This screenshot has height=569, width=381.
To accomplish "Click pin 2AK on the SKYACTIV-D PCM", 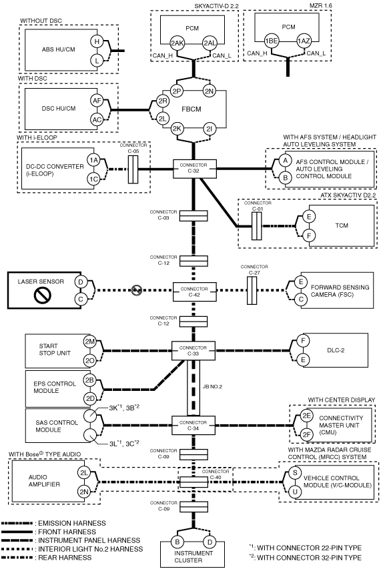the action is coord(177,43).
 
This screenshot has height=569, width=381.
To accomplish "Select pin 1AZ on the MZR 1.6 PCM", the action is coord(304,41).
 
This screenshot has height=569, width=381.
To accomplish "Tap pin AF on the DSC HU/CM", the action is coord(97,101).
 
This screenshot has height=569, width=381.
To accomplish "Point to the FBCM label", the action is coord(192,109).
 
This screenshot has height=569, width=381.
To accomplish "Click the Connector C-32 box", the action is coord(194,169).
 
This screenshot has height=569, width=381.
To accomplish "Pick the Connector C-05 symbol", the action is coord(133,169).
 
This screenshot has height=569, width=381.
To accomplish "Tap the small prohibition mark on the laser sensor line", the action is coord(137,290).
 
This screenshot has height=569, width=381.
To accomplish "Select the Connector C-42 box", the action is coord(194,292).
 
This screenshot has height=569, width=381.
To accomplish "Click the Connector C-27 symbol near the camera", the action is coord(252,290).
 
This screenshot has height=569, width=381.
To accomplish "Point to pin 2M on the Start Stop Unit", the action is coord(89,342).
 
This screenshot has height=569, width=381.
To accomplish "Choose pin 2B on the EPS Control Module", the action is coord(89,380).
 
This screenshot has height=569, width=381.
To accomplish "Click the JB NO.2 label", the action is coord(212,387).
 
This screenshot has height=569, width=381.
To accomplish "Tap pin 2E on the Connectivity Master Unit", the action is coord(307,416).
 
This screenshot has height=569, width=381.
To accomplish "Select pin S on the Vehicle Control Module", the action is coord(295,472).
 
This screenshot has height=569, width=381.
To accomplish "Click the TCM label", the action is coord(342,225).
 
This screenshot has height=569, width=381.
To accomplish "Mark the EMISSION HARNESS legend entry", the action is coord(53,523).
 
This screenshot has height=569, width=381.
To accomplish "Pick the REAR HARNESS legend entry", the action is coord(47,558).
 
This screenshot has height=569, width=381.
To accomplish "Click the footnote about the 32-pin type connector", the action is coord(306,558).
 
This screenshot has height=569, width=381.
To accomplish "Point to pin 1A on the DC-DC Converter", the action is coord(93,160).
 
